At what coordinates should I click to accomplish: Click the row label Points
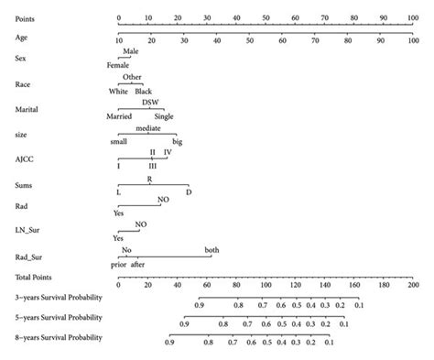(27, 17)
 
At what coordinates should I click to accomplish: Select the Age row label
(22, 38)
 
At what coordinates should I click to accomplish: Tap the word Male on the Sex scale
(131, 53)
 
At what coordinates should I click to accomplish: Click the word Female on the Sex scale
(118, 65)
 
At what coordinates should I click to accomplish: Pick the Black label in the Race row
(143, 91)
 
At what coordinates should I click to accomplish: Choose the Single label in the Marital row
(164, 116)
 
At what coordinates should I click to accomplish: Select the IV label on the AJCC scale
(168, 152)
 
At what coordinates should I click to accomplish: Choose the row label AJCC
(24, 157)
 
